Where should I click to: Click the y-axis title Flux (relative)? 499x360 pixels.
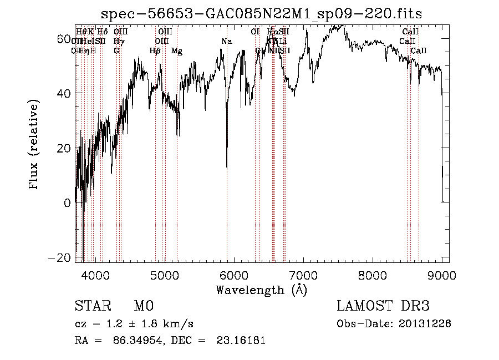(x=34, y=146)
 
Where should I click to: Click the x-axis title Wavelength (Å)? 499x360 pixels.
(x=261, y=290)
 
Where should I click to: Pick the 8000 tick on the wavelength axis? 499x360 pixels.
(x=373, y=275)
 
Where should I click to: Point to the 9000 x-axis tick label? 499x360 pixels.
(x=442, y=275)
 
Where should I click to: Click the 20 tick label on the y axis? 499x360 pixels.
(x=63, y=148)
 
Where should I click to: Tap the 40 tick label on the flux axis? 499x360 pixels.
(x=63, y=93)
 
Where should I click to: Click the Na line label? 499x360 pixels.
(x=226, y=41)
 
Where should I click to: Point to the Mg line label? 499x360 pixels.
(x=177, y=51)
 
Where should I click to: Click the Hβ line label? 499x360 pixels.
(x=155, y=51)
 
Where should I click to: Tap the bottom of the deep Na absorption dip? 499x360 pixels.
(x=227, y=167)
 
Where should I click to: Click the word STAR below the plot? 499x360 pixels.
(x=92, y=306)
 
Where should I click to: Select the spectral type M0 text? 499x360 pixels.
(x=143, y=306)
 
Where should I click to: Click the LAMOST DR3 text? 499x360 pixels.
(x=383, y=306)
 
